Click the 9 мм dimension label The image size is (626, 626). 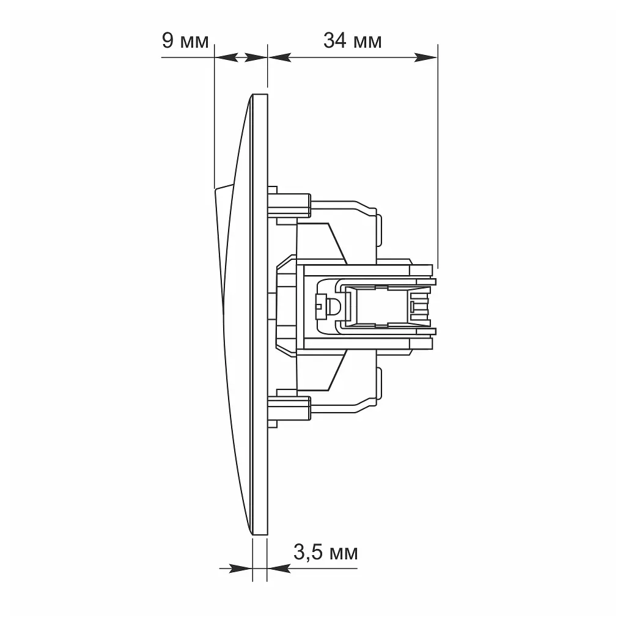pyautogui.click(x=185, y=41)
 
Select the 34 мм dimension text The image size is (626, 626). pyautogui.click(x=353, y=41)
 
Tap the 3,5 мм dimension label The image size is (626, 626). pyautogui.click(x=326, y=553)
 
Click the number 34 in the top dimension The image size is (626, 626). pyautogui.click(x=334, y=41)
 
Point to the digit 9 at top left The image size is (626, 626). pyautogui.click(x=168, y=41)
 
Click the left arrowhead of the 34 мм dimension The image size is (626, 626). pyautogui.click(x=279, y=57)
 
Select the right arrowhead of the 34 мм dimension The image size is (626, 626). pyautogui.click(x=425, y=57)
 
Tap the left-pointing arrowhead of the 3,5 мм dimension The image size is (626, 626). pyautogui.click(x=279, y=569)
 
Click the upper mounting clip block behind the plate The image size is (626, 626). pyautogui.click(x=289, y=205)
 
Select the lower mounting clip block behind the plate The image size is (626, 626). pyautogui.click(x=289, y=408)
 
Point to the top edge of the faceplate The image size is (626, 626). pyautogui.click(x=260, y=94)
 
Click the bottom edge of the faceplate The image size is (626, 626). pyautogui.click(x=260, y=535)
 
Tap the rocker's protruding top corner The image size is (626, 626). pyautogui.click(x=216, y=189)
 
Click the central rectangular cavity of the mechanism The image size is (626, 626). pyautogui.click(x=382, y=307)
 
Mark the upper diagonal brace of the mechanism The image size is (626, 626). pyautogui.click(x=337, y=243)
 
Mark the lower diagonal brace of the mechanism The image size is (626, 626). pyautogui.click(x=337, y=370)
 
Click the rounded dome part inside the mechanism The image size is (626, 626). pyautogui.click(x=332, y=307)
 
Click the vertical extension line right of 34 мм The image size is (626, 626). pyautogui.click(x=438, y=156)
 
